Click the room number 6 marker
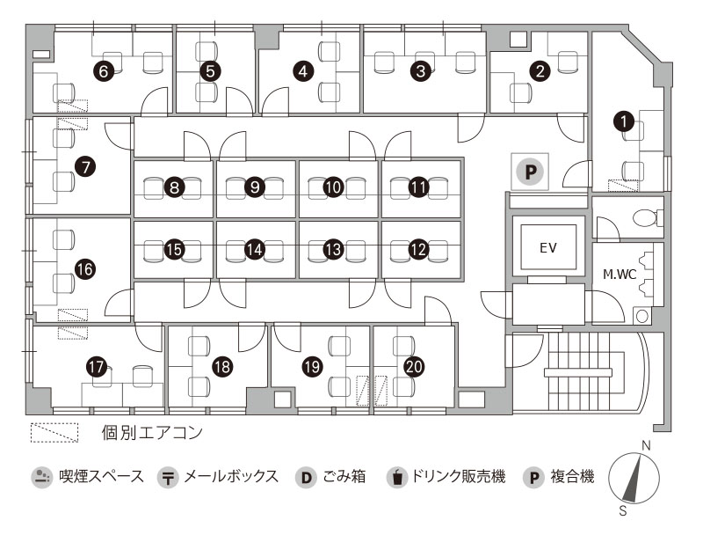tap(104, 71)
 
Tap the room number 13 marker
tap(333, 250)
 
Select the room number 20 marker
tap(414, 367)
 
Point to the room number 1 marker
tap(625, 121)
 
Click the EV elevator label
tap(548, 248)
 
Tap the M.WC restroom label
tap(620, 275)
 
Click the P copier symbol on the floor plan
tap(531, 171)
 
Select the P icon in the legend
tap(533, 477)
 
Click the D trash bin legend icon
tap(306, 477)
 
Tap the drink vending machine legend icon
tap(397, 477)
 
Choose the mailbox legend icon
tap(168, 477)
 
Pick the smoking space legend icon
tap(41, 477)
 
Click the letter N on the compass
tap(646, 445)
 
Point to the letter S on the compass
tap(622, 510)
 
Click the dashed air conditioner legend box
tap(54, 433)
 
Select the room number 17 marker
tap(96, 367)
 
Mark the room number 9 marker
tap(255, 187)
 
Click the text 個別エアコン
tap(152, 433)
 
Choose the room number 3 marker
tap(421, 71)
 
